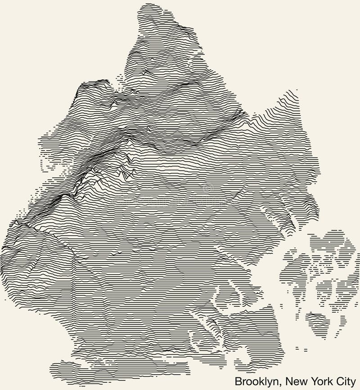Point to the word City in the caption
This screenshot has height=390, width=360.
[345, 381]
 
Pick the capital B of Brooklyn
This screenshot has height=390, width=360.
[238, 381]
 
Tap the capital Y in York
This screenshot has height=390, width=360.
[312, 381]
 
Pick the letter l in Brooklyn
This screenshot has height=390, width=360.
[267, 381]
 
